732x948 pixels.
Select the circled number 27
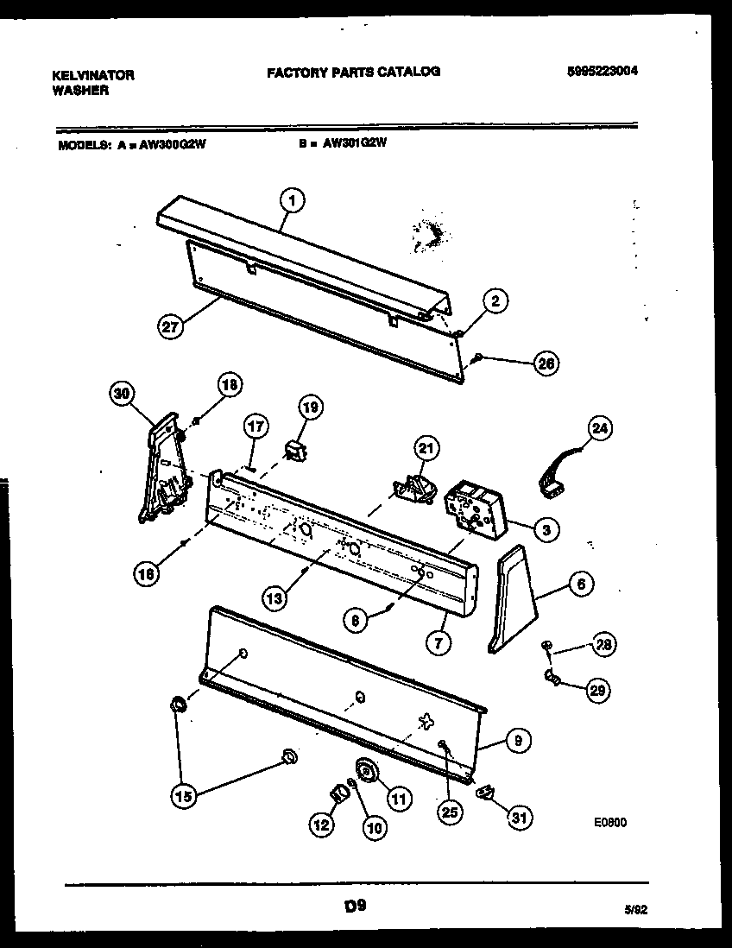click(x=171, y=326)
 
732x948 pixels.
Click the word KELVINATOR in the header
click(x=93, y=75)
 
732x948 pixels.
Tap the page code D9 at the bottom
click(x=352, y=907)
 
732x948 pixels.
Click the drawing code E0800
click(x=609, y=823)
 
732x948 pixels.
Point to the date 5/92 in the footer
click(x=635, y=909)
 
